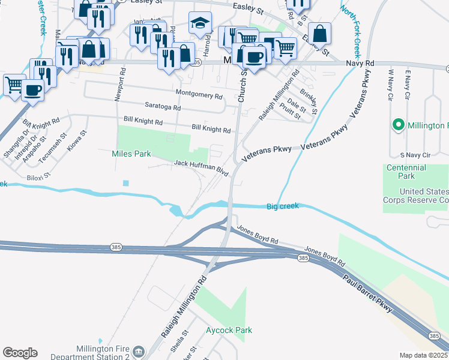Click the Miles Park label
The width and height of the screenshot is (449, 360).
pyautogui.click(x=131, y=154)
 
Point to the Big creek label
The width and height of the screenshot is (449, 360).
pyautogui.click(x=282, y=206)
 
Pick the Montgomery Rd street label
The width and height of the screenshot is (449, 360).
pyautogui.click(x=199, y=94)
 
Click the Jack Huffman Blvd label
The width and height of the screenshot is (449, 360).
pyautogui.click(x=201, y=167)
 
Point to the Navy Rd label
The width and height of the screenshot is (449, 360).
pyautogui.click(x=360, y=63)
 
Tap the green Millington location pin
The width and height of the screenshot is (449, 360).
pyautogui.click(x=397, y=125)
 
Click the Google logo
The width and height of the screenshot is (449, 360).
pyautogui.click(x=20, y=353)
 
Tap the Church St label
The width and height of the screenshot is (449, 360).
pyautogui.click(x=243, y=86)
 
